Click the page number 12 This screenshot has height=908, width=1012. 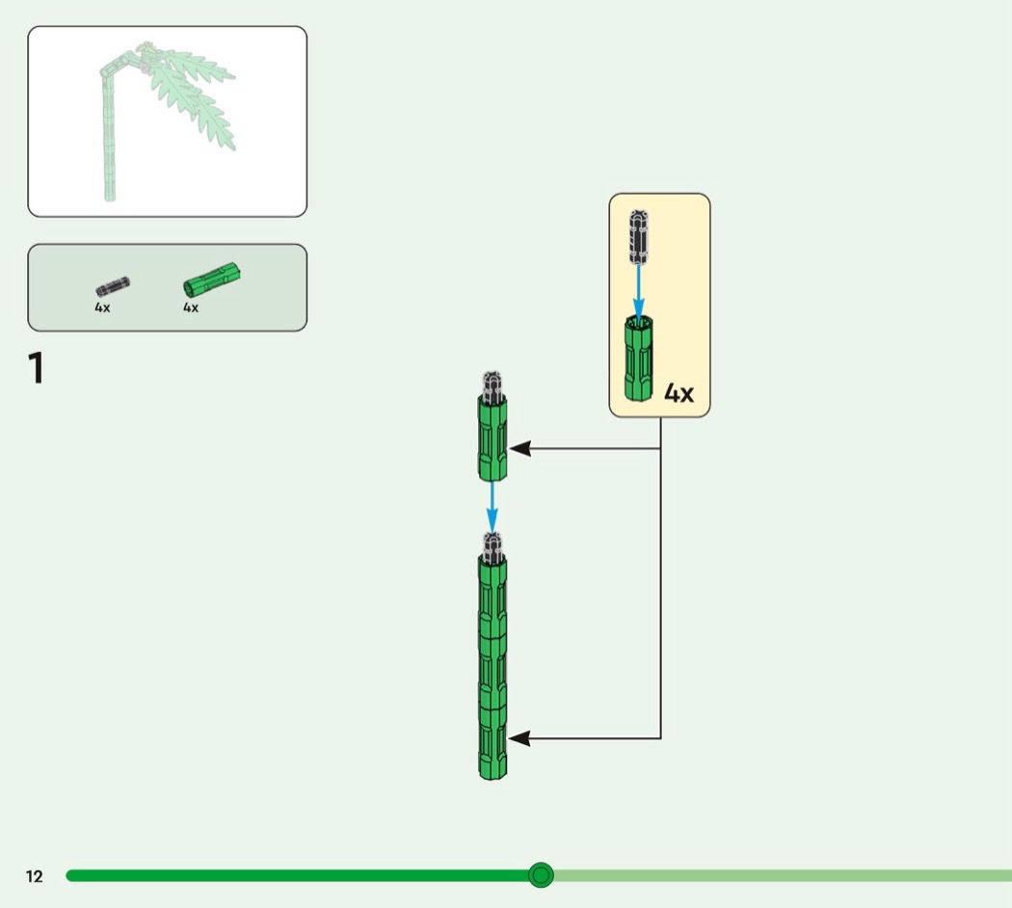tap(34, 876)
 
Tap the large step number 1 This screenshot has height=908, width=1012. tap(37, 368)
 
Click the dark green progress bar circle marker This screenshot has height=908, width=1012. tap(541, 875)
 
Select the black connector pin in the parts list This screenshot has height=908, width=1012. tap(113, 286)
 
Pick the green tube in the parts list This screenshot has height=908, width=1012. tap(212, 280)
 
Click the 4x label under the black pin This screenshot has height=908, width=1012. tap(102, 307)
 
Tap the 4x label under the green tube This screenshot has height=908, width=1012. tap(191, 307)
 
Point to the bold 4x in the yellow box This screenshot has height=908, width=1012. tap(679, 393)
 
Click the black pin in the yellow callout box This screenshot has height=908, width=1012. tap(639, 237)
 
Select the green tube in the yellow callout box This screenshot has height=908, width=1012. tap(638, 359)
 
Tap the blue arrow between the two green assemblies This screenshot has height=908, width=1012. tap(492, 507)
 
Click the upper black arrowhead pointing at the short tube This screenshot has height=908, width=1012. tap(520, 448)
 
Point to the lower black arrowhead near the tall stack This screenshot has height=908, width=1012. tap(519, 738)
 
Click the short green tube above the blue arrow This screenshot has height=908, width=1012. tap(493, 439)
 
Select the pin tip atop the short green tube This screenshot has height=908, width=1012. tap(493, 385)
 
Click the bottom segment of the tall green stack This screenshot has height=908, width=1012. tap(493, 743)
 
